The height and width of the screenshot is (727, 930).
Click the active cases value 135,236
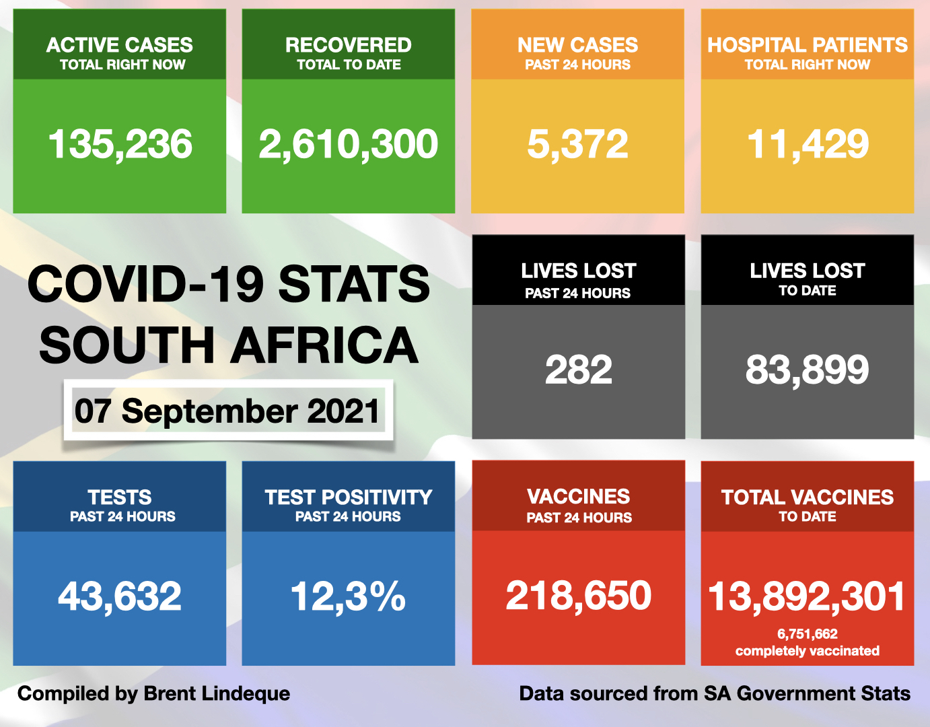120,145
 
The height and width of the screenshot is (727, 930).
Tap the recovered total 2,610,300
348,145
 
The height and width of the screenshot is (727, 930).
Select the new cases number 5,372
577,145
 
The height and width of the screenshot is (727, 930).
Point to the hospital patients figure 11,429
808,145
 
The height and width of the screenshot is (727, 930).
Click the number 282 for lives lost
578,370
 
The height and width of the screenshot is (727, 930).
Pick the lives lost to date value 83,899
807,370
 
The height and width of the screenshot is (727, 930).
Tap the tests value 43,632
120,596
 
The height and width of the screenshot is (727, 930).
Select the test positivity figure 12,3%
348,596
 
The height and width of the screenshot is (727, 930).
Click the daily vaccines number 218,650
578,596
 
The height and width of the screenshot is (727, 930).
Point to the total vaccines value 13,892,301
807,597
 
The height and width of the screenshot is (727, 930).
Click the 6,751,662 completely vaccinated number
807,634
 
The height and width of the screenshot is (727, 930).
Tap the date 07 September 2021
227,411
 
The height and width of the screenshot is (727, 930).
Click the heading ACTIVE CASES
120,45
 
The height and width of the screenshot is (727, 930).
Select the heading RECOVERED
348,45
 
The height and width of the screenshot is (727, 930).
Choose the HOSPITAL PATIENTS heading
807,45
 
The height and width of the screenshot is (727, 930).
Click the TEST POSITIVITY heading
348,497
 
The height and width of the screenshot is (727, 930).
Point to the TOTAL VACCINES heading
807,497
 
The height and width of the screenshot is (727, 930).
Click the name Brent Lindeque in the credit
217,693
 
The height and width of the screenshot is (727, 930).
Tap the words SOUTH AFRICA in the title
229,345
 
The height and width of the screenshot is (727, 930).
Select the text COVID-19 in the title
145,284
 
